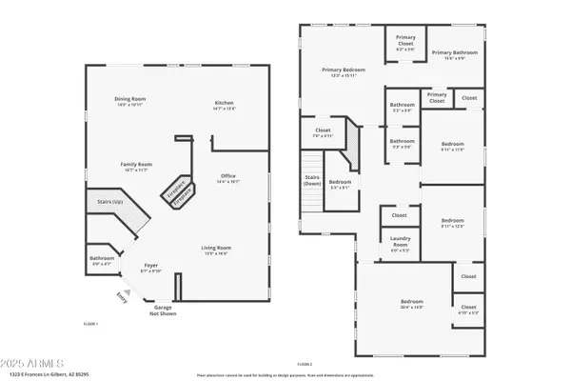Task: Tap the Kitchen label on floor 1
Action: pyautogui.click(x=224, y=103)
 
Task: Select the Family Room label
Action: pyautogui.click(x=136, y=165)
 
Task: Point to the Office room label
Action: pyautogui.click(x=227, y=176)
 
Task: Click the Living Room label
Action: pyautogui.click(x=216, y=249)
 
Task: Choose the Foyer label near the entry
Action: pyautogui.click(x=150, y=266)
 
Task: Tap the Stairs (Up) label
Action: pyautogui.click(x=110, y=202)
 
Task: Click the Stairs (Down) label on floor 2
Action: pyautogui.click(x=311, y=180)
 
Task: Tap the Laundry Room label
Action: pyautogui.click(x=400, y=244)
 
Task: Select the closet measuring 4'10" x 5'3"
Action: pyautogui.click(x=467, y=311)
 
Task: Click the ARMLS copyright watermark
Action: pyautogui.click(x=33, y=364)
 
